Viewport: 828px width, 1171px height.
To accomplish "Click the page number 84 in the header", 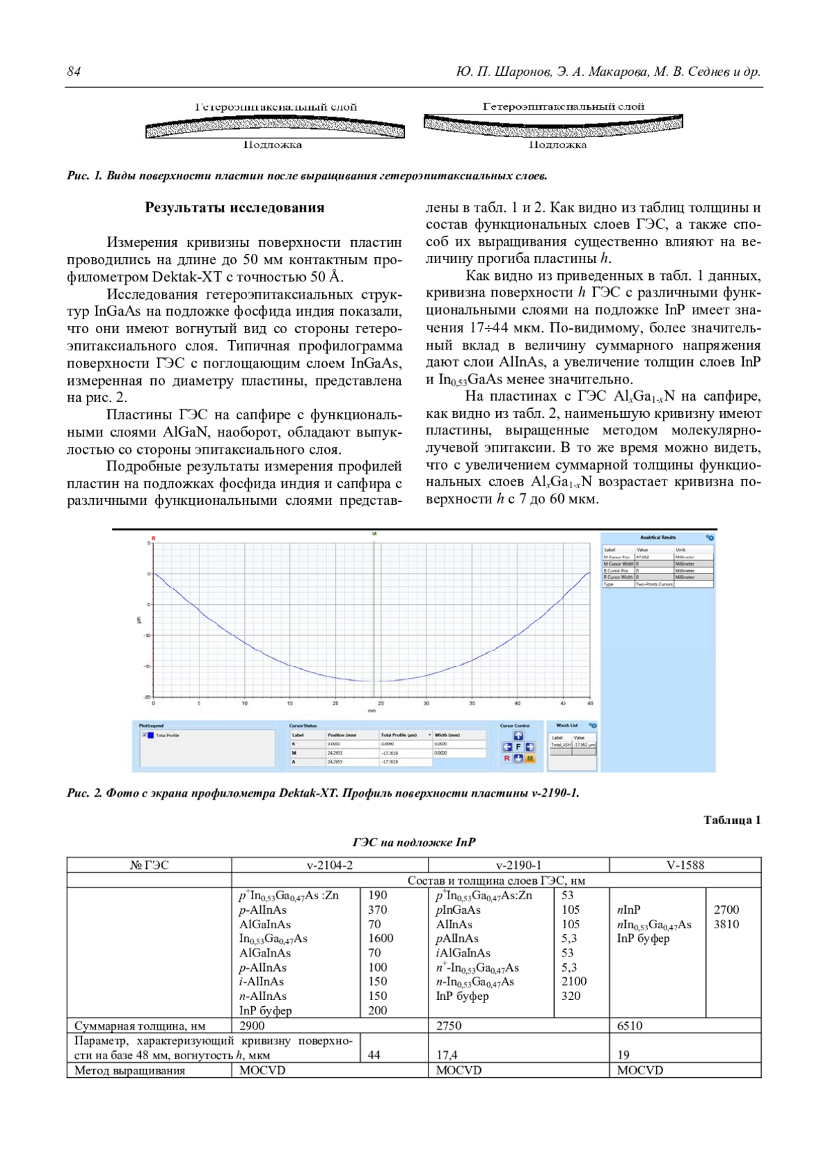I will [x=74, y=72].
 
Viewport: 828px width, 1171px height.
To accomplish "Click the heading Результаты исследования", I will [x=234, y=208].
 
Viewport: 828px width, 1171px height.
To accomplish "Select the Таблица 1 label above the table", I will [x=731, y=820].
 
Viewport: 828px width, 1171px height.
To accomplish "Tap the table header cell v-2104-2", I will [x=329, y=865].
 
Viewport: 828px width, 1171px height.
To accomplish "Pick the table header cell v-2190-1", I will [x=518, y=865].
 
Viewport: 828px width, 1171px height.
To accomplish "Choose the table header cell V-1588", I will [x=685, y=865].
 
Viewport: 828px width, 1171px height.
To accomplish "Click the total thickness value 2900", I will [x=252, y=1025].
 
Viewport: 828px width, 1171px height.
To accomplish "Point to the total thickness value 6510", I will [x=629, y=1025].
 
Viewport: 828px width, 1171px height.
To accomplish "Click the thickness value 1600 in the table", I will [x=380, y=939].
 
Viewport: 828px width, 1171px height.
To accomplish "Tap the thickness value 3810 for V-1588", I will [x=726, y=924].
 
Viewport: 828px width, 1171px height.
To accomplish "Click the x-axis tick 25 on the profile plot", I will [x=381, y=703].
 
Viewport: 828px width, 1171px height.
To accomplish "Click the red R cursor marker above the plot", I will [x=153, y=538].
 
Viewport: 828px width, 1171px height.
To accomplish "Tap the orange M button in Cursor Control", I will [x=530, y=759].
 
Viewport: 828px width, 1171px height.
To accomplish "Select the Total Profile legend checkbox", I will [x=144, y=735].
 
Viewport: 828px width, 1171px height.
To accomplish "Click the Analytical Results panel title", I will [x=658, y=537].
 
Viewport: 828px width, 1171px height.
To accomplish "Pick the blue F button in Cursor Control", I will [x=518, y=747].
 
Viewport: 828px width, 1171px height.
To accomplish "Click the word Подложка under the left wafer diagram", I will [x=272, y=146].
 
